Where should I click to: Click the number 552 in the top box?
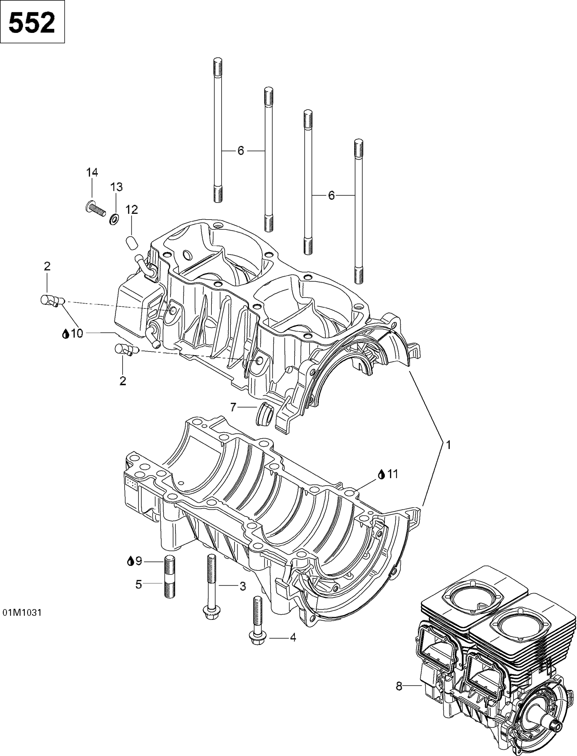point(32,23)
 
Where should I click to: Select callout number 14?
point(92,173)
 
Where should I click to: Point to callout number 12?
point(132,209)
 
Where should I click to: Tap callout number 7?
point(233,408)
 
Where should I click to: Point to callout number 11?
point(392,474)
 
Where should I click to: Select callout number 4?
point(293,638)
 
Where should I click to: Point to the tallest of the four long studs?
point(218,130)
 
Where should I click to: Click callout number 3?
point(242,586)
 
